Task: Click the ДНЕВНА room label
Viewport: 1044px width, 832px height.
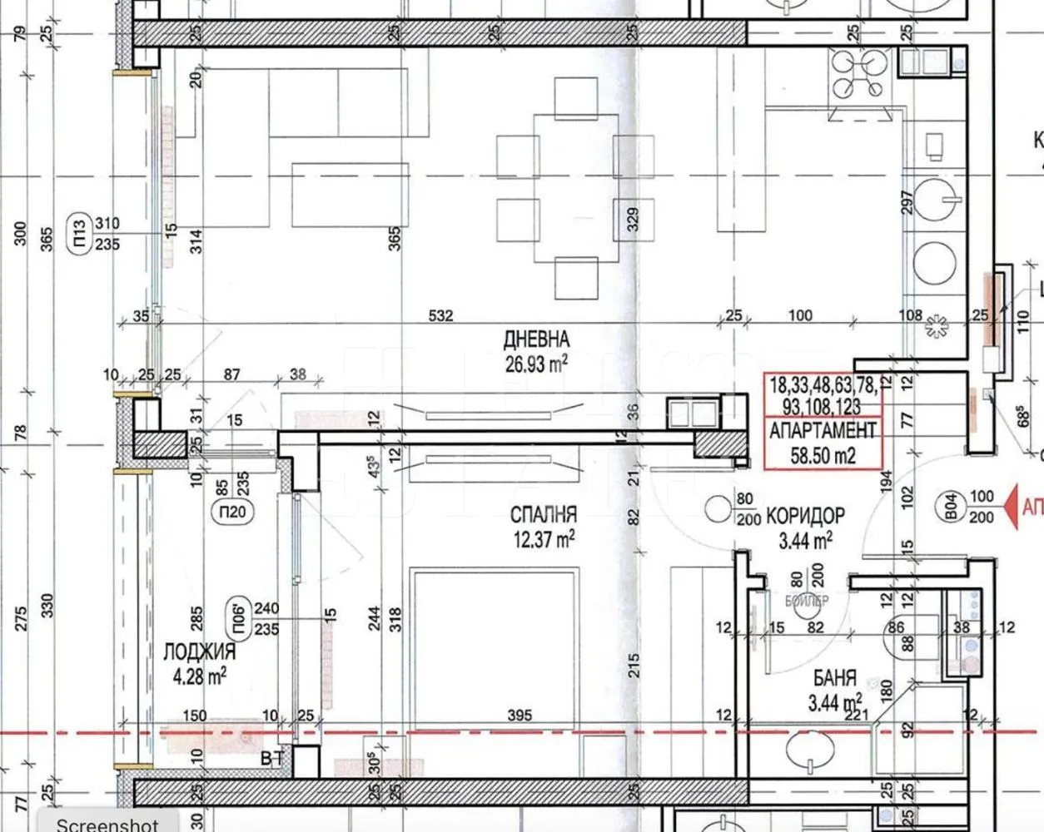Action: pos(536,339)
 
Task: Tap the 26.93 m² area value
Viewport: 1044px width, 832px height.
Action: pos(536,361)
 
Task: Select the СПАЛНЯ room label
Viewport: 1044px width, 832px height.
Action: pos(543,515)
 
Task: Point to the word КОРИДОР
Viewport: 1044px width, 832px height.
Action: pos(805,515)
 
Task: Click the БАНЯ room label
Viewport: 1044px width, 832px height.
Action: pos(832,681)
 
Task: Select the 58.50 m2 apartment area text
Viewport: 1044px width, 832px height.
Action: pos(823,454)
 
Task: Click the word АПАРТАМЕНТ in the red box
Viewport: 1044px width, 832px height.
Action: pos(823,431)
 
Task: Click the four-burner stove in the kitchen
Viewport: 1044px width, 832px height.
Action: pos(861,72)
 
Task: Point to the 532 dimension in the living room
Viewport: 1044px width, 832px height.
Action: pos(440,315)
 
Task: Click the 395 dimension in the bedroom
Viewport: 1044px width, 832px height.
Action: pos(519,715)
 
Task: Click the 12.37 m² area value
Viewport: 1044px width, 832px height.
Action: pos(543,539)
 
